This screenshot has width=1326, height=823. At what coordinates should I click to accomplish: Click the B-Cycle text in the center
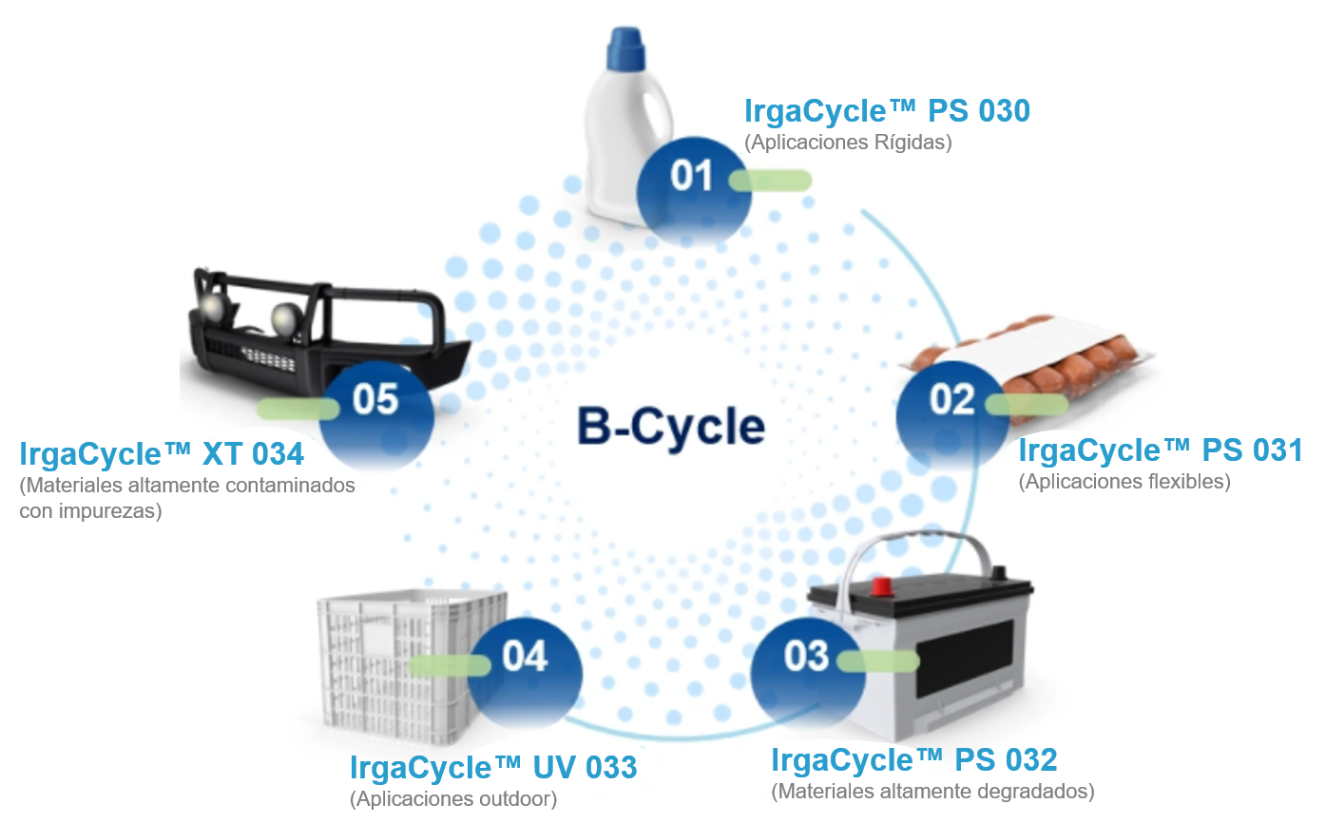point(671,427)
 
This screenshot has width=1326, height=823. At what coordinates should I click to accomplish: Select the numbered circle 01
point(692,177)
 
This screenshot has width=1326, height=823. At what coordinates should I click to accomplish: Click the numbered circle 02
point(952,400)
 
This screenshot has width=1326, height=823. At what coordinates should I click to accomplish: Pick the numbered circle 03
point(806,657)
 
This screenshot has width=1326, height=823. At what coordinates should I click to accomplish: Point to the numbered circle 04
point(525,657)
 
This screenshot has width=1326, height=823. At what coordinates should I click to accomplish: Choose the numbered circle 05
point(375,400)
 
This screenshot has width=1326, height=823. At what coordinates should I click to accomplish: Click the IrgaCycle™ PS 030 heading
point(887,111)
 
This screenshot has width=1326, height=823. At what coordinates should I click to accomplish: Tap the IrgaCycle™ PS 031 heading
point(1160,450)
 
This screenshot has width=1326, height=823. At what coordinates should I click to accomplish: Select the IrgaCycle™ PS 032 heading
point(913,760)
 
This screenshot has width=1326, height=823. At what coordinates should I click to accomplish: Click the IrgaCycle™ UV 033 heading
point(493,767)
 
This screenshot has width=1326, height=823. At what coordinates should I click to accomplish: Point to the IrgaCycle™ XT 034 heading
point(162,453)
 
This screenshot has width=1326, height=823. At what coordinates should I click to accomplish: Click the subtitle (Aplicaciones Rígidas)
point(848,143)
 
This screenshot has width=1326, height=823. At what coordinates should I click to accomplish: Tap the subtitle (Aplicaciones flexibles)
point(1124,482)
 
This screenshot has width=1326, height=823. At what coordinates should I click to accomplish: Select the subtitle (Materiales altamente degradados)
point(932,791)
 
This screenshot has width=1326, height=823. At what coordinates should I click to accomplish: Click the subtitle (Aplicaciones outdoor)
point(453,798)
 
